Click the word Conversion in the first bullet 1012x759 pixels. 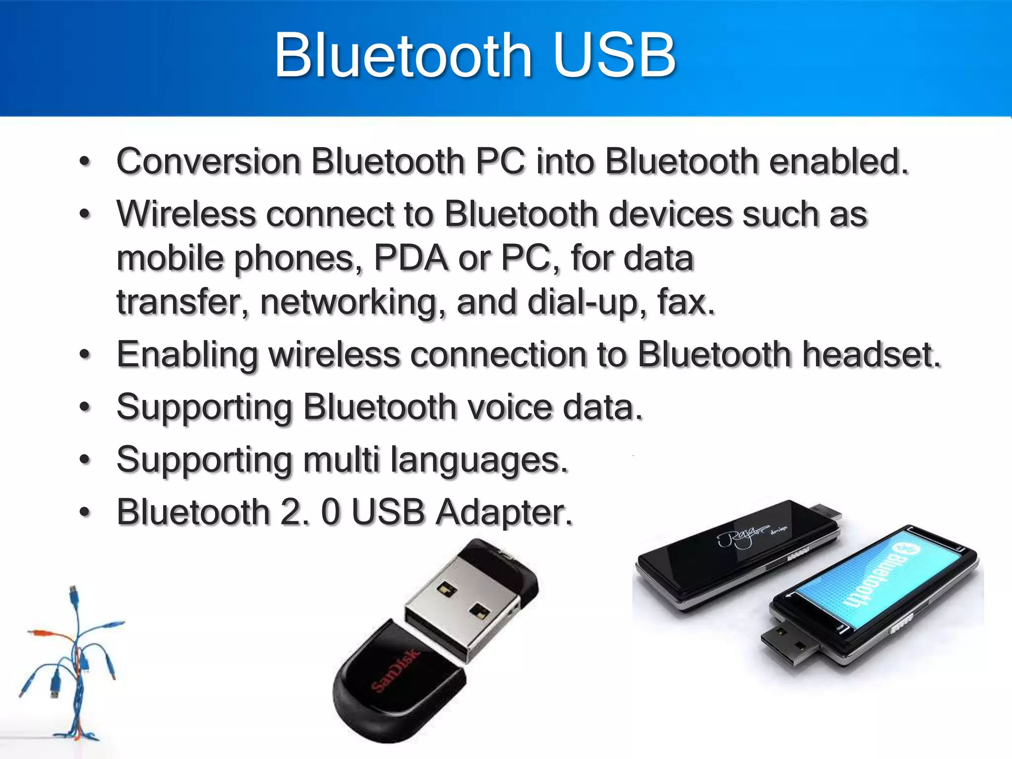209,162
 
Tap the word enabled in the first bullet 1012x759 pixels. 839,162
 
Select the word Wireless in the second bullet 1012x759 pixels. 186,214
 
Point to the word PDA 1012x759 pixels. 410,258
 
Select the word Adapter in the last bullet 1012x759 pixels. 504,512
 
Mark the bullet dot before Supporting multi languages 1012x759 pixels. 85,460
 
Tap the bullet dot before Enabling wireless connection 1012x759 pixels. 85,355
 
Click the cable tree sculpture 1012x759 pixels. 74,662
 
